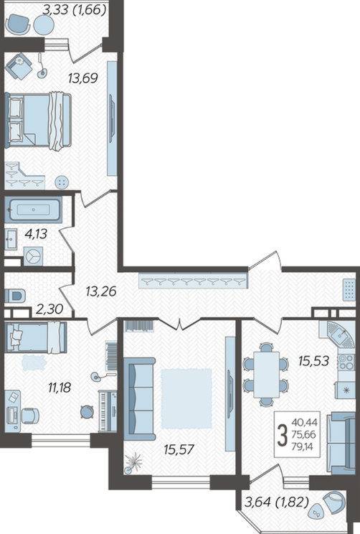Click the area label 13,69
tap(83, 78)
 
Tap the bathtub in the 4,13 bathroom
tap(33, 210)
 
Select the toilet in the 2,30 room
tap(16, 295)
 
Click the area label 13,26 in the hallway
tap(101, 291)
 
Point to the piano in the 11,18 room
tap(108, 411)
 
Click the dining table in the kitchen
tap(267, 374)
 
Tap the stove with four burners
tap(346, 362)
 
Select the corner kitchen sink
tap(338, 334)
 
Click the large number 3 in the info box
tap(282, 435)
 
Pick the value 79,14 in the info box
tap(302, 446)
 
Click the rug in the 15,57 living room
tap(186, 398)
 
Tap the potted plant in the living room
tap(133, 462)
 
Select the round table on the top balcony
tap(44, 24)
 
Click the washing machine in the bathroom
tap(33, 256)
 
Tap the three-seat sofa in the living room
tap(139, 398)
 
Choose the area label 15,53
tap(313, 361)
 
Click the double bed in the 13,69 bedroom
tap(38, 121)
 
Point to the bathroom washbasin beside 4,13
tap(11, 239)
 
